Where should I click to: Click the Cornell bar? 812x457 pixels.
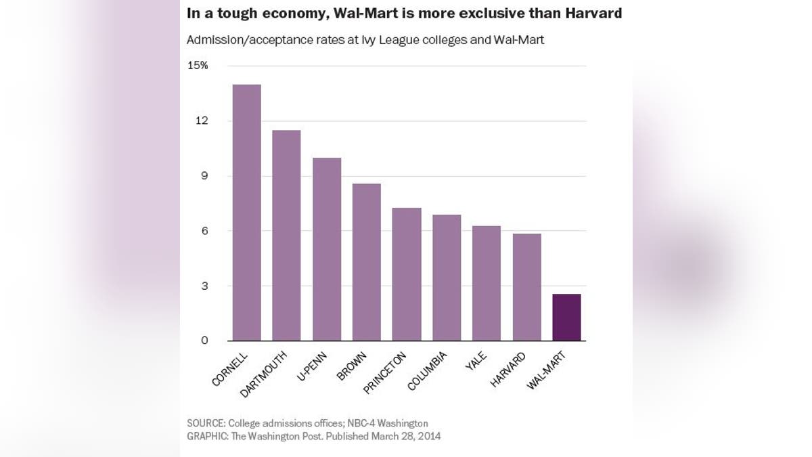coord(246,213)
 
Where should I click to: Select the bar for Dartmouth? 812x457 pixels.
coord(286,236)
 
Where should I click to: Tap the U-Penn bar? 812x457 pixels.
coord(326,249)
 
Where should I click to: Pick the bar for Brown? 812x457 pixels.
coord(366,262)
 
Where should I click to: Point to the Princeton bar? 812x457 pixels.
coord(407,274)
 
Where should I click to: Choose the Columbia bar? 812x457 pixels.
coord(447,278)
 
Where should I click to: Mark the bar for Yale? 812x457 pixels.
coord(487,283)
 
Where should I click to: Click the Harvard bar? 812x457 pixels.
coord(527,287)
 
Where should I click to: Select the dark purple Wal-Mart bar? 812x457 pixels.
coord(566,318)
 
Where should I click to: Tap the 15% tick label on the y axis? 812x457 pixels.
coord(198,66)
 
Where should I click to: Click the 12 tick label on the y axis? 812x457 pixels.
coord(202,121)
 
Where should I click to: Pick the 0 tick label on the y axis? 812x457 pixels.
coord(204,341)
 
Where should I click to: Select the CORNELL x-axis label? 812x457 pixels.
coord(230,370)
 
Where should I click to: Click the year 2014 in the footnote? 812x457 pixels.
coord(429,437)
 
